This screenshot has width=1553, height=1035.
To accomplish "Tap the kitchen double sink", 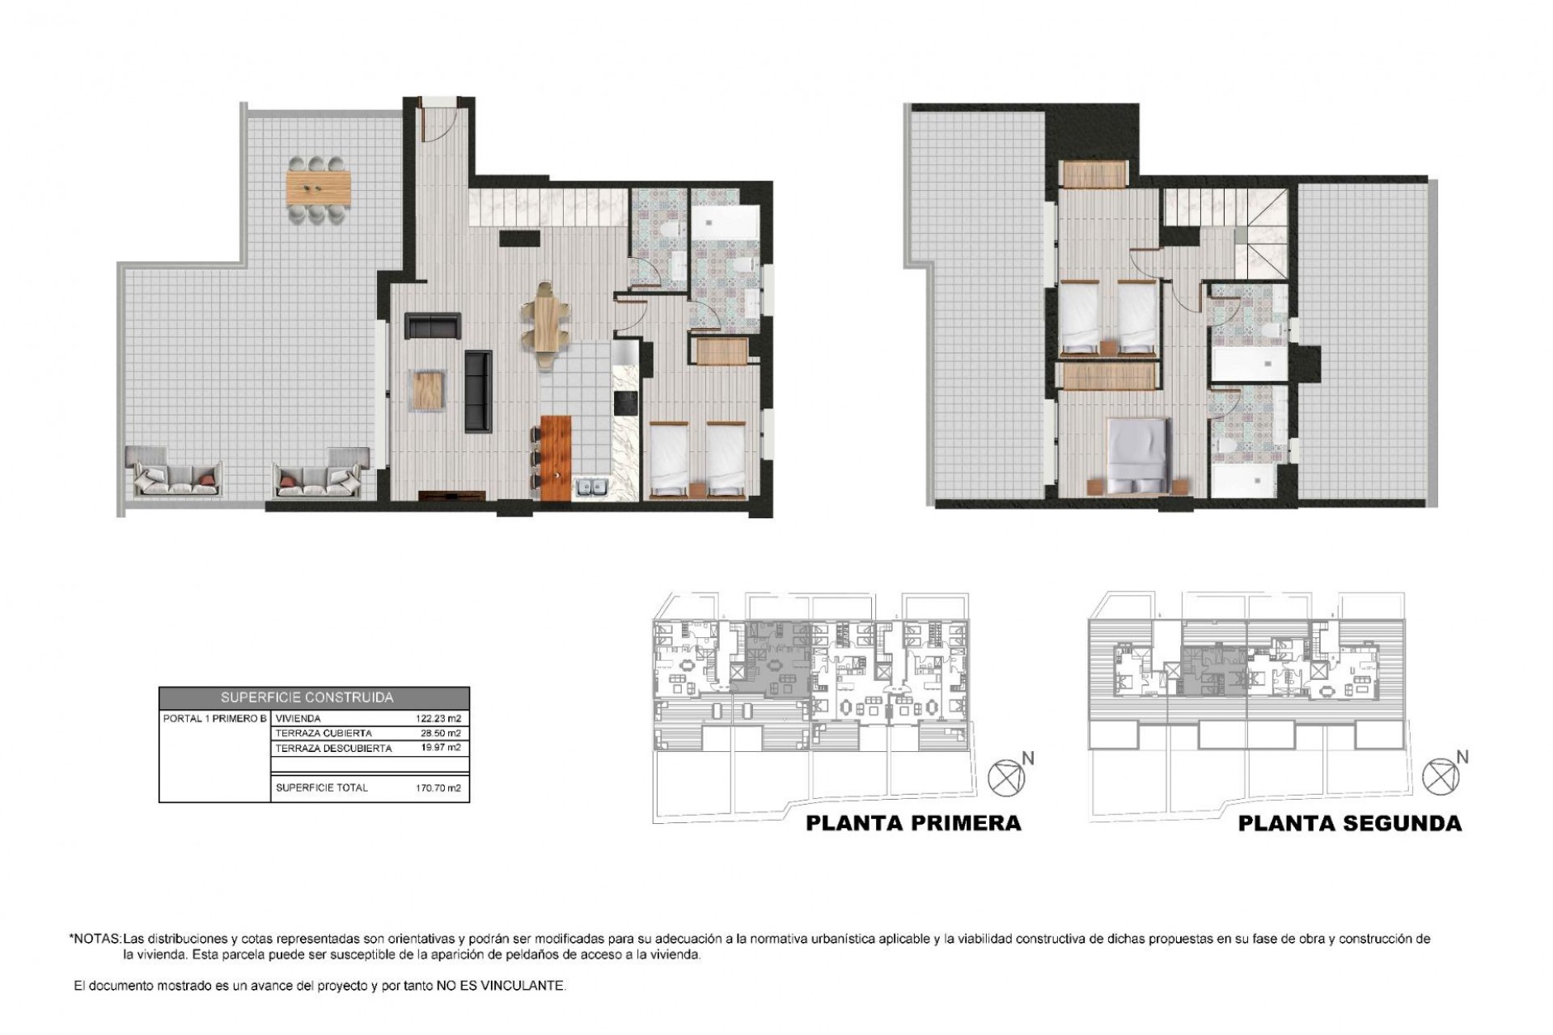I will point(592,487).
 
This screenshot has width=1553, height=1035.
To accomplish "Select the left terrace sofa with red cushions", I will point(174,479).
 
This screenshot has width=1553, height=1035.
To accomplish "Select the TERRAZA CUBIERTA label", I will point(324,733).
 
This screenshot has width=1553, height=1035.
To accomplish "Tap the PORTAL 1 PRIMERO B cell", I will point(214,718).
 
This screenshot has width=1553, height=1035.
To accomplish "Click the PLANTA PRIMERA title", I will point(913,823).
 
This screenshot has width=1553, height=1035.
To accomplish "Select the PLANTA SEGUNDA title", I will point(1350,823).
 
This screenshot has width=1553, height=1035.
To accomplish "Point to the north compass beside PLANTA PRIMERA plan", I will point(1005,778).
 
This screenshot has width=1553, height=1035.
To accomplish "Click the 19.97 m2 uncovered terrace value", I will point(441,748).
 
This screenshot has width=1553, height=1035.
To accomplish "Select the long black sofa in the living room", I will point(478,390).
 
